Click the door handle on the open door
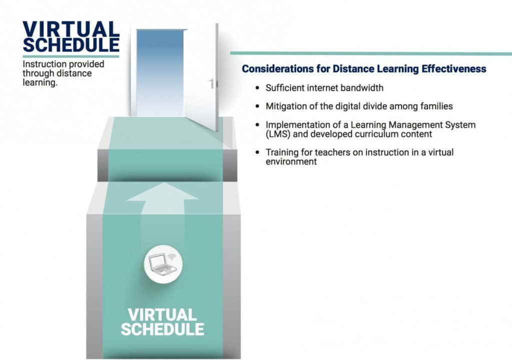(212, 83)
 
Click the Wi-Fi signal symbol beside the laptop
(172, 256)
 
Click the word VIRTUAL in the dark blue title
(71, 29)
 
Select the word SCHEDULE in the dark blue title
(71, 45)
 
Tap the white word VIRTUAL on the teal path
(162, 314)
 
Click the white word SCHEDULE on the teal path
(162, 329)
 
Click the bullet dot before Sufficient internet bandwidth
(257, 88)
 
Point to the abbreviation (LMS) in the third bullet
(278, 134)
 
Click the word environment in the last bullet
(291, 161)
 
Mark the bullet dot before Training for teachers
(257, 152)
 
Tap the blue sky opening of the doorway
(160, 72)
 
